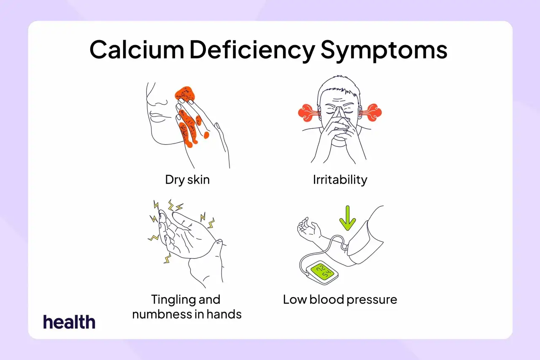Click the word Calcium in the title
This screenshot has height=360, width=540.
pos(137,50)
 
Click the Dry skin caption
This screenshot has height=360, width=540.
pos(187,180)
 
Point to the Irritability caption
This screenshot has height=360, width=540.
pos(340,180)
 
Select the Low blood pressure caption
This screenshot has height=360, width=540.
pos(340,300)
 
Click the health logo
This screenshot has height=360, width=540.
pos(69,322)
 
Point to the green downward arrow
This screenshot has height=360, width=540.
pos(347,218)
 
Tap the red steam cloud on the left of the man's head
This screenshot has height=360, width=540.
pos(306,113)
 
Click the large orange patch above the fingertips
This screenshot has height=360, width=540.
pos(185,94)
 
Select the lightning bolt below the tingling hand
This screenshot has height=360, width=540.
pos(167,258)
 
